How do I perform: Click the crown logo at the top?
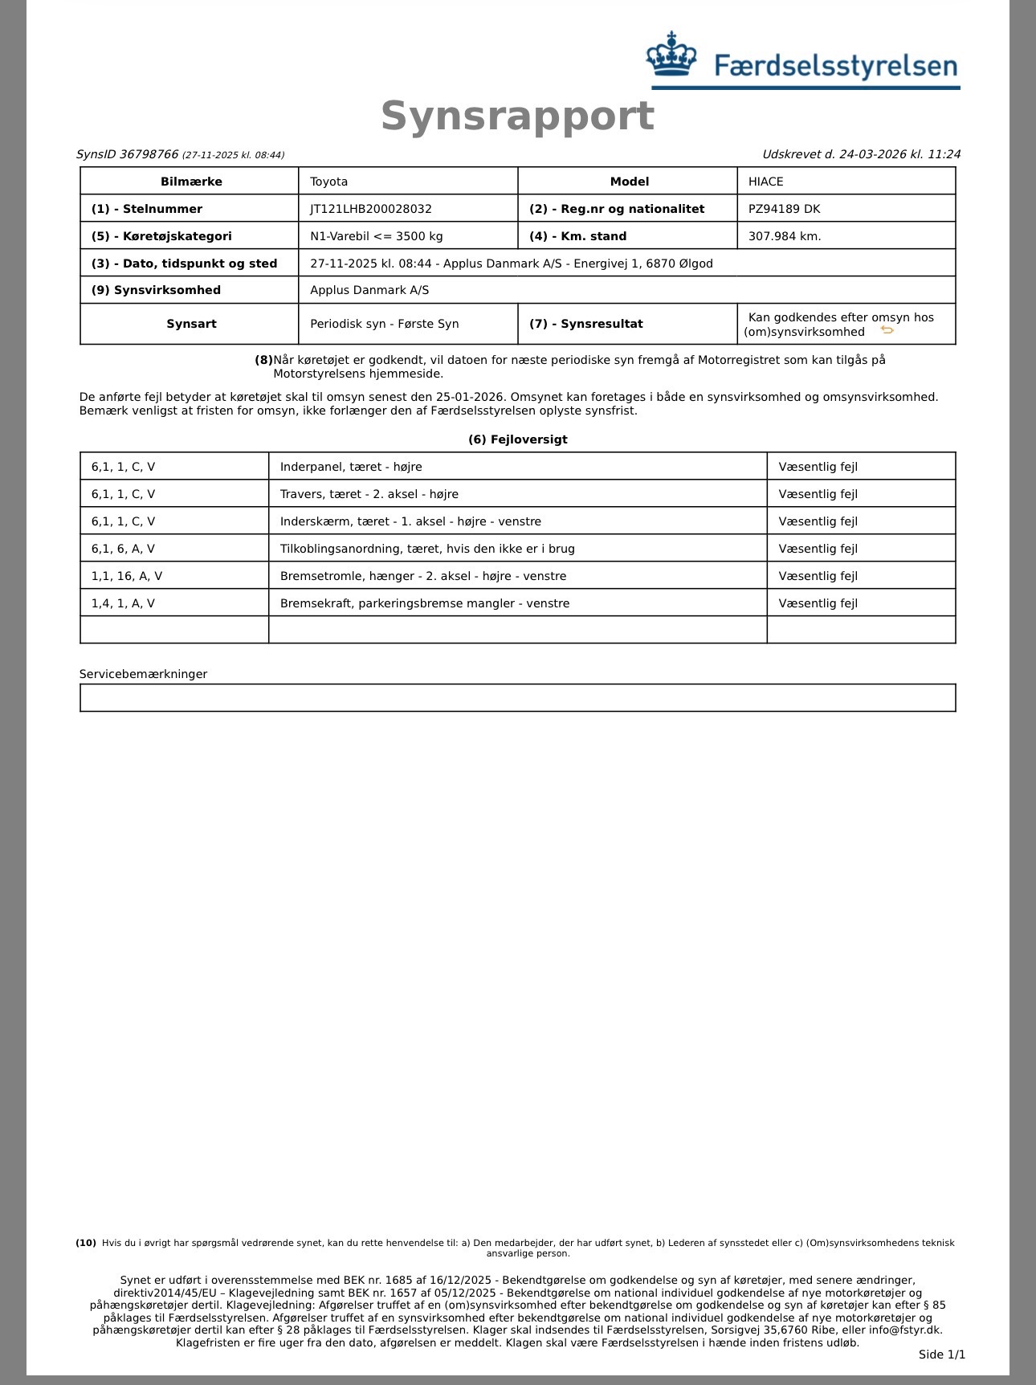[671, 55]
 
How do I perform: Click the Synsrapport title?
[517, 116]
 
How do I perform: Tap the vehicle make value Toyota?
[329, 182]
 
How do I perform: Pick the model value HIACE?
[765, 182]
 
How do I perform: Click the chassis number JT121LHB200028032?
[371, 209]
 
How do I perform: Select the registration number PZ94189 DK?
[784, 209]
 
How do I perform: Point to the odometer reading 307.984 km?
[785, 236]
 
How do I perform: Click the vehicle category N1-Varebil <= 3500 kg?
[376, 236]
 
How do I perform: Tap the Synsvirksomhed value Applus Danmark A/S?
[369, 290]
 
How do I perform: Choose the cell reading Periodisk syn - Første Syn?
[384, 324]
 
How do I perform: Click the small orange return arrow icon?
[887, 330]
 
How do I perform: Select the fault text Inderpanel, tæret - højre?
[351, 467]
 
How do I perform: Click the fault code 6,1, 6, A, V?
[123, 549]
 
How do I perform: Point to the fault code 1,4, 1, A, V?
[123, 603]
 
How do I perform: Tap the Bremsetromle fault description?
[422, 576]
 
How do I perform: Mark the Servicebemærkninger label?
[143, 674]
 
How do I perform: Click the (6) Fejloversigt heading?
[517, 439]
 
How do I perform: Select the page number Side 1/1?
[941, 1354]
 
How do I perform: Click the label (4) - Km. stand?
[577, 236]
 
